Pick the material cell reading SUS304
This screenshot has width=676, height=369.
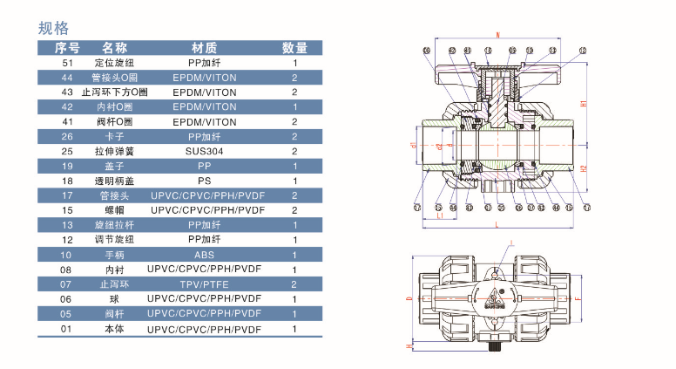pos(205,151)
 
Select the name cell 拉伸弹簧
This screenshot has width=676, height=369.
pos(115,151)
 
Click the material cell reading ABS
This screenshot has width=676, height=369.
pos(205,255)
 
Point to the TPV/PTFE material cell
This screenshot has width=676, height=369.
pos(205,284)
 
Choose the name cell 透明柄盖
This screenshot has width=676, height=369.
pos(115,181)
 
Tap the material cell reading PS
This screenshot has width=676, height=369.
pos(205,181)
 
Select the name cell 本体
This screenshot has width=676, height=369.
pos(115,329)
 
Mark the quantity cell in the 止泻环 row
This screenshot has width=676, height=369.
pos(294,284)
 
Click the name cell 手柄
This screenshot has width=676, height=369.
pos(115,255)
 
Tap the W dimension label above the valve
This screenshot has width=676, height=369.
pos(497,35)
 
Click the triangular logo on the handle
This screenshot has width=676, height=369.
pos(498,294)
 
